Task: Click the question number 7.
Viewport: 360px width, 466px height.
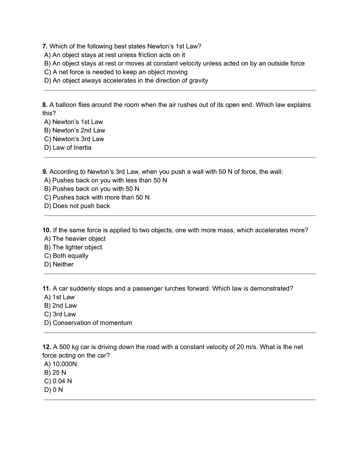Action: [x=45, y=46]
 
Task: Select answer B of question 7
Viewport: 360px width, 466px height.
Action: [x=174, y=63]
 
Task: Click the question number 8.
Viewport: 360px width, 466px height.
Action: [x=45, y=105]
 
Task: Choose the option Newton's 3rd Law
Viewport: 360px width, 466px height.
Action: [x=74, y=139]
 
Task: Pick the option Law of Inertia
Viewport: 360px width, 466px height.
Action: [x=67, y=148]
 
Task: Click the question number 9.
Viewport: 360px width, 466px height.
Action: [x=45, y=172]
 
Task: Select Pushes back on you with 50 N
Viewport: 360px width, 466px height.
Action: [x=92, y=189]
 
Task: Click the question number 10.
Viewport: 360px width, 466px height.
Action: [x=46, y=230]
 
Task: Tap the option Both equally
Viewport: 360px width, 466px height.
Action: [x=66, y=256]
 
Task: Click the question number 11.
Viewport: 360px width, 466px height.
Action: [x=46, y=289]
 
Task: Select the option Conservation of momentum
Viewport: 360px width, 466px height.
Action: [x=88, y=323]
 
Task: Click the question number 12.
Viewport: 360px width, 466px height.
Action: [x=46, y=347]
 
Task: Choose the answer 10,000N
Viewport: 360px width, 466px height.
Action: [x=60, y=364]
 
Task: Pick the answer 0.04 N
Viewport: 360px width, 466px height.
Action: [x=58, y=381]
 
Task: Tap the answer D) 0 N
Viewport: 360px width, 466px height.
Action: [x=53, y=390]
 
